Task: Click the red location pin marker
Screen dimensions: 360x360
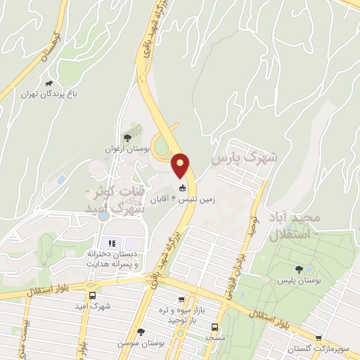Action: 181,165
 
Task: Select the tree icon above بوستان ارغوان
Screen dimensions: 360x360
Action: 127,138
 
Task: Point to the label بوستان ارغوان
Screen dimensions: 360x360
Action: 127,150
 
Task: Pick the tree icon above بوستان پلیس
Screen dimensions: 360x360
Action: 300,269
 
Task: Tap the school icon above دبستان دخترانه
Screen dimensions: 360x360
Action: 112,243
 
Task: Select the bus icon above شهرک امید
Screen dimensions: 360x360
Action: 93,296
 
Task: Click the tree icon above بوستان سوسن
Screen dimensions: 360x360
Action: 141,332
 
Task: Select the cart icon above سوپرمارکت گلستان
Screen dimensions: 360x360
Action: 319,338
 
